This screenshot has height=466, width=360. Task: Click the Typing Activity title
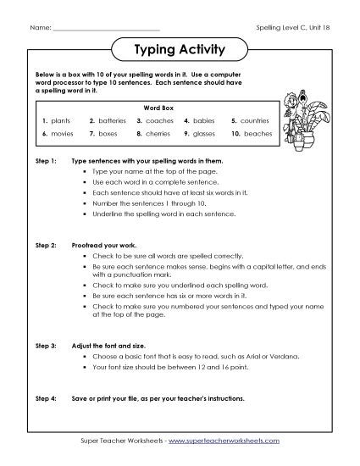180,49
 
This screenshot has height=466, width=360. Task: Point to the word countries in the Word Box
254,121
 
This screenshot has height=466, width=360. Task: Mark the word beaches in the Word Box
256,134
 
